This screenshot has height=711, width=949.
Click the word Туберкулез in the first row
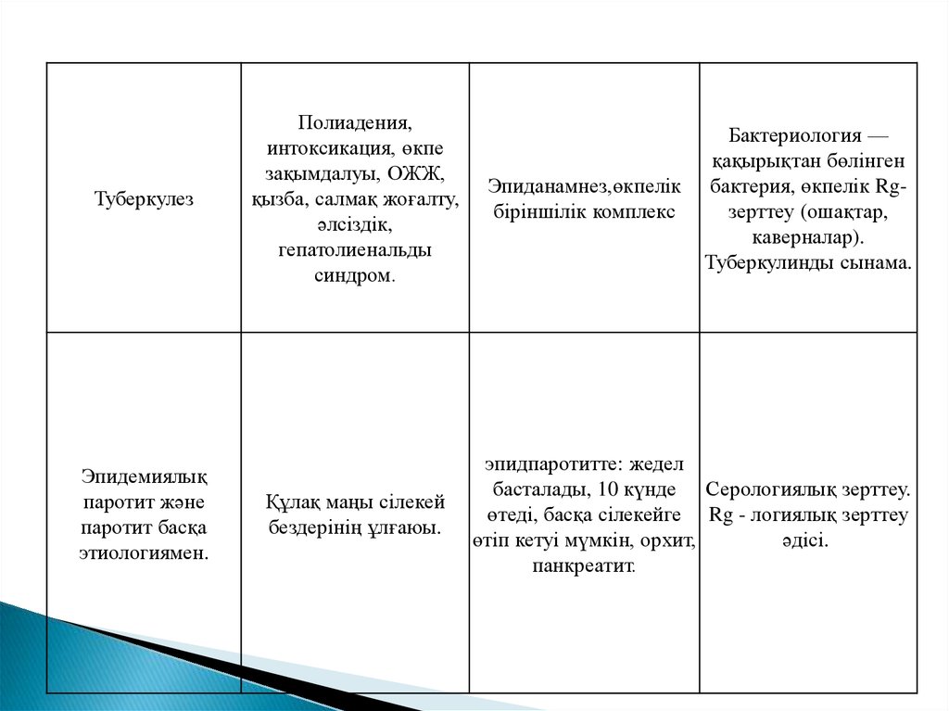(x=144, y=199)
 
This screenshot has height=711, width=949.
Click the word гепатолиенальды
(x=354, y=250)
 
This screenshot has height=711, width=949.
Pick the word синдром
(x=353, y=275)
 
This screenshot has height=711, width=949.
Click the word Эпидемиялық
(x=144, y=476)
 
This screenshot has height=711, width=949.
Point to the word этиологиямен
(x=144, y=553)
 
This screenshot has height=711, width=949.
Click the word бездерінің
(x=317, y=527)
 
